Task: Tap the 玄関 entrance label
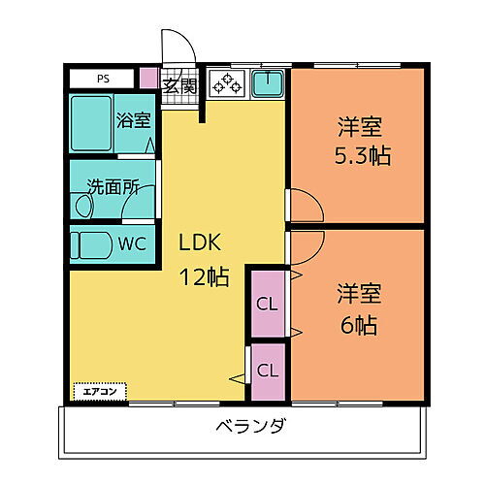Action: pyautogui.click(x=180, y=84)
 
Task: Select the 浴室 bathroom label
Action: pyautogui.click(x=134, y=121)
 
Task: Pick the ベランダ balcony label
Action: pyautogui.click(x=250, y=426)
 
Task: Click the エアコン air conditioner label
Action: pyautogui.click(x=100, y=392)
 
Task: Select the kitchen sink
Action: pyautogui.click(x=267, y=84)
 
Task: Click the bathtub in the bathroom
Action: pyautogui.click(x=91, y=121)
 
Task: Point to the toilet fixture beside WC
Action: pyautogui.click(x=91, y=243)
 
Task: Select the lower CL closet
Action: pyautogui.click(x=268, y=370)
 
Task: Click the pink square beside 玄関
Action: pyautogui.click(x=148, y=78)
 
